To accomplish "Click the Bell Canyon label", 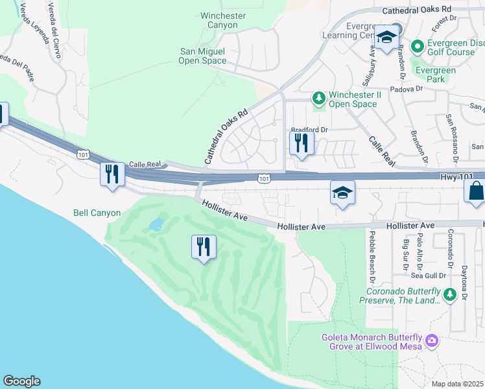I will coord(97,213).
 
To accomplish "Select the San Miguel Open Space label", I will coord(202,56).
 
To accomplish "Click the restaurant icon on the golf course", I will coord(204,246).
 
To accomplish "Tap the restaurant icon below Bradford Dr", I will coord(302,143).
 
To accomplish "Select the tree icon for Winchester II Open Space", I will coord(318,98).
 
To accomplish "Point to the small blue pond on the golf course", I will coord(156,224).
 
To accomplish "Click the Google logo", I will coord(21,381).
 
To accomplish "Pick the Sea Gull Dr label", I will coord(429,276).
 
